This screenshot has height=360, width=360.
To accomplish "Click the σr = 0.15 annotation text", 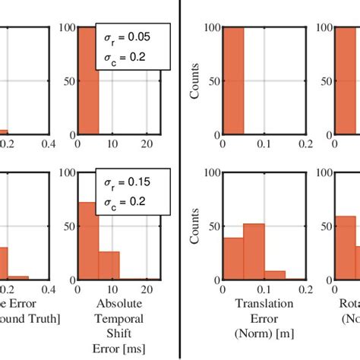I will pyautogui.click(x=130, y=182).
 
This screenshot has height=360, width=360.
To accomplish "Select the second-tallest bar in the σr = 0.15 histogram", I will pyautogui.click(x=109, y=265).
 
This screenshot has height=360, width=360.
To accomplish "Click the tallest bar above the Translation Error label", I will pyautogui.click(x=253, y=251).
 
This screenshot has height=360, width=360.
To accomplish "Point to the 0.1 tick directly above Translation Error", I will pyautogui.click(x=264, y=290).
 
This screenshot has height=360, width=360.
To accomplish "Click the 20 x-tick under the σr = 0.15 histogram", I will pyautogui.click(x=146, y=289).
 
